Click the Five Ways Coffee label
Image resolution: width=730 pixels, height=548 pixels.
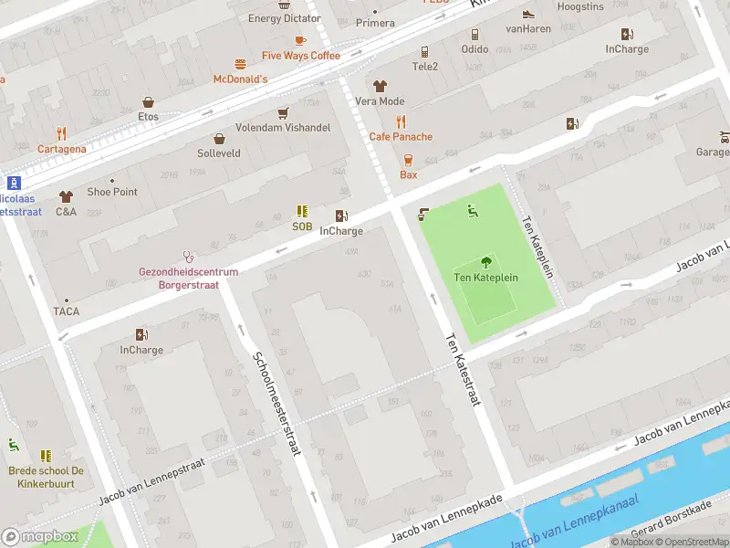click(x=300, y=56)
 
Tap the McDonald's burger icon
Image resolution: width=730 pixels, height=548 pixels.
click(x=241, y=64)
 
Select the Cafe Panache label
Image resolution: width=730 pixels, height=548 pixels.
click(x=401, y=137)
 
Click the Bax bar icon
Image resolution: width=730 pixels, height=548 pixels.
click(x=408, y=159)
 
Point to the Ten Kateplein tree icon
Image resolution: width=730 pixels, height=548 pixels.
click(x=485, y=261)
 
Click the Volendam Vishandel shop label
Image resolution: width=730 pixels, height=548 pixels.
click(x=283, y=128)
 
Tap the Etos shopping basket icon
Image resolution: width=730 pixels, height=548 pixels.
click(x=148, y=102)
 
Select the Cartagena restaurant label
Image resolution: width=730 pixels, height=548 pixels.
click(x=62, y=149)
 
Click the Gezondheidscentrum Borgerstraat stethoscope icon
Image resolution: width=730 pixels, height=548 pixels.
click(x=189, y=257)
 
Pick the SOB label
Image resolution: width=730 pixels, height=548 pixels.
click(x=302, y=227)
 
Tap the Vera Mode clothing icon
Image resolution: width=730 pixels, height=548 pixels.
click(x=380, y=86)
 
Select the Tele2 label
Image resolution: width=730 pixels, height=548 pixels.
click(x=425, y=67)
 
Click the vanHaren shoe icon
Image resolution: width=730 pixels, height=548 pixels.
click(x=527, y=14)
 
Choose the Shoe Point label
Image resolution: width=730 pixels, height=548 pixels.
click(x=112, y=192)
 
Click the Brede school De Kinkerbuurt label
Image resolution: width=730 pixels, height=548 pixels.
click(x=46, y=476)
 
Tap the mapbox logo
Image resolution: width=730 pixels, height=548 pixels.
click(x=40, y=536)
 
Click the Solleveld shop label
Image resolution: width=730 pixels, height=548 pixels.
click(x=219, y=153)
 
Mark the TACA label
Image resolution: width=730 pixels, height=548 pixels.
click(x=66, y=311)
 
